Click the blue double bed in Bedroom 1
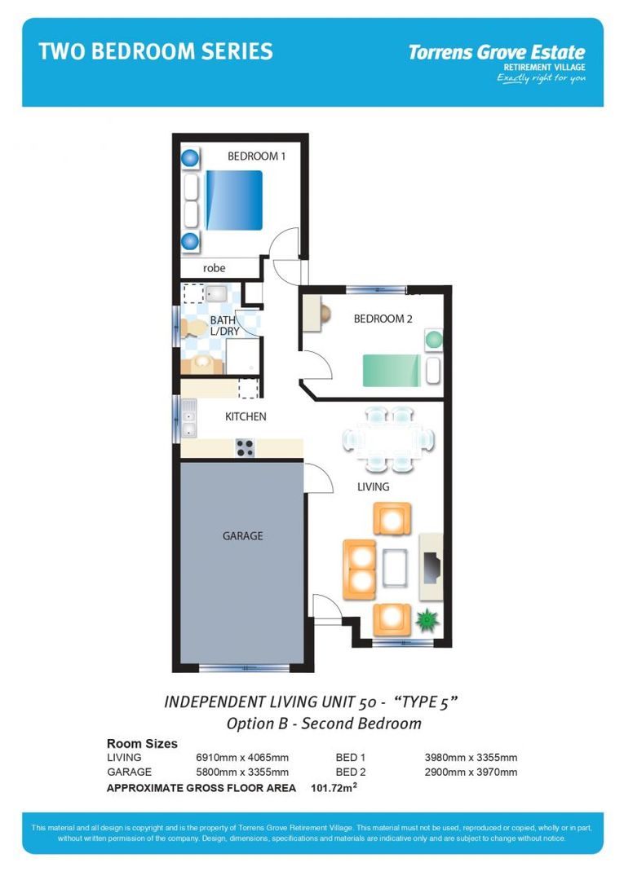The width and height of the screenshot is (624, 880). click(234, 200)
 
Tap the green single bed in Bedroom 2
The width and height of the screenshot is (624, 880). click(392, 369)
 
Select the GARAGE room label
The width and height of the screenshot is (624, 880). click(242, 536)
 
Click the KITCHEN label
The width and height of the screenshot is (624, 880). click(246, 416)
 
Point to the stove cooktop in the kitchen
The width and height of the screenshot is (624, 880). click(245, 447)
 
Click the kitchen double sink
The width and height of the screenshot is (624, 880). click(188, 419)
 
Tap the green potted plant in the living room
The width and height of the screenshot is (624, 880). click(425, 622)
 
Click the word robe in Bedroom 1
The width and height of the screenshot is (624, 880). click(214, 268)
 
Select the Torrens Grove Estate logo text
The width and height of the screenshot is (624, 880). click(496, 53)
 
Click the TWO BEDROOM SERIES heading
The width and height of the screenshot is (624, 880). click(156, 52)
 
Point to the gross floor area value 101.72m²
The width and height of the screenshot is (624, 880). click(334, 788)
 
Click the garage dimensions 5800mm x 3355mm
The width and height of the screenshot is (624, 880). click(242, 772)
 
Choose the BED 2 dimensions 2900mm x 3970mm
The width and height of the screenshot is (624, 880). click(471, 772)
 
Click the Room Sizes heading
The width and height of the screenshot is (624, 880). click(142, 743)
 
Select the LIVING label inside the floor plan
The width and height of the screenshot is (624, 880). click(374, 486)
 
